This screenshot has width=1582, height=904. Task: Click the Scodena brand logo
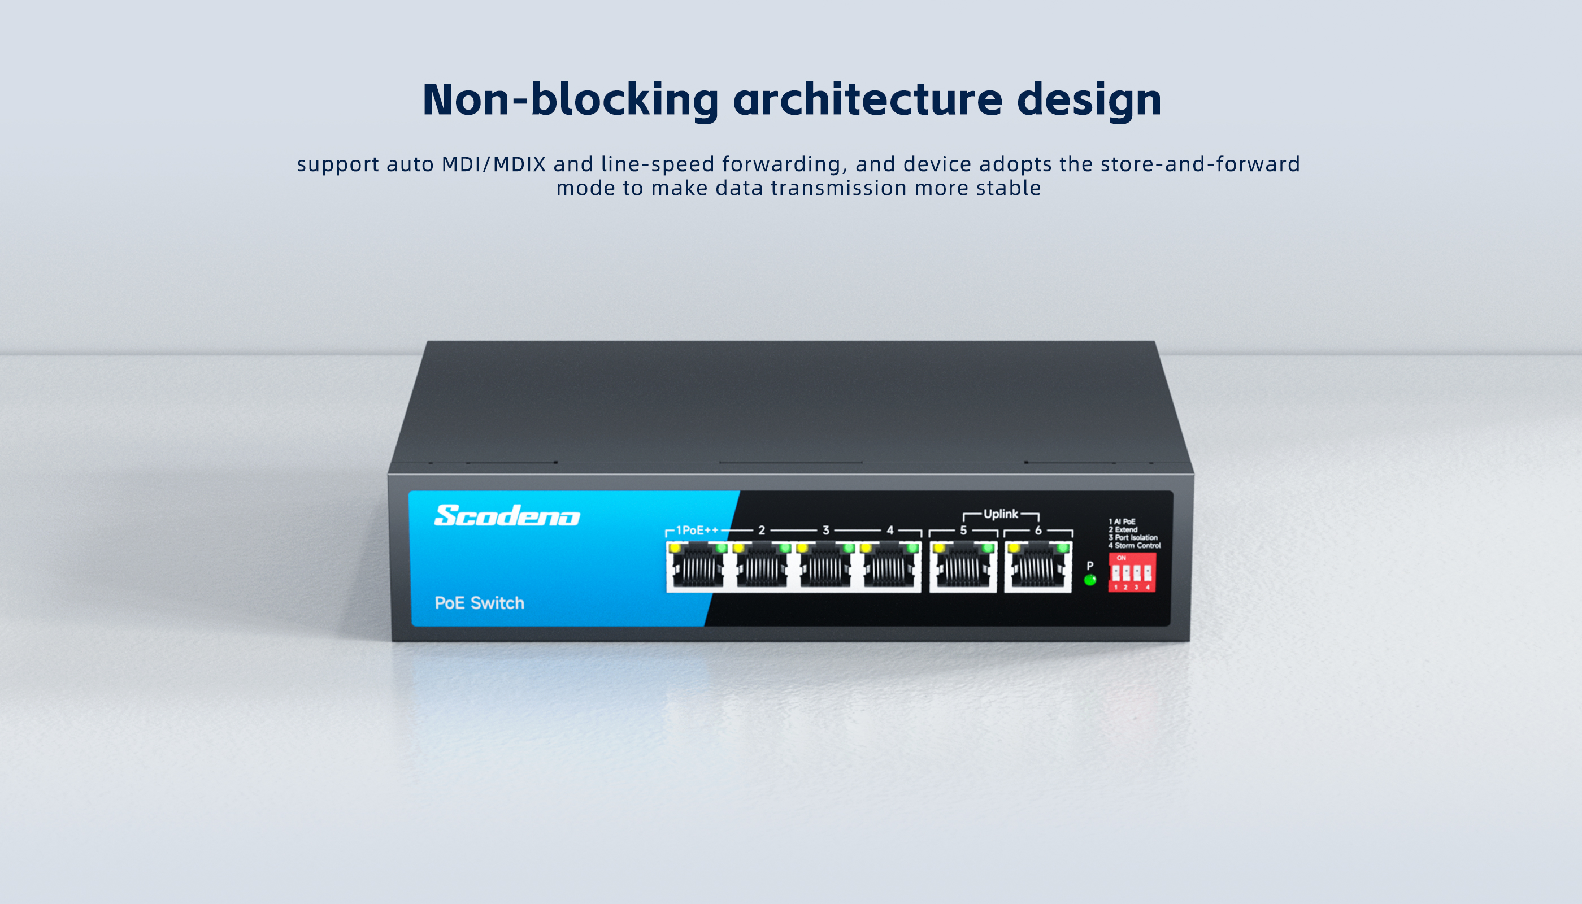pos(507,515)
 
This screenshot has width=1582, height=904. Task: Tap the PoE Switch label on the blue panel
pos(479,603)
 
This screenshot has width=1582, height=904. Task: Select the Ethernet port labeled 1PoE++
pos(698,566)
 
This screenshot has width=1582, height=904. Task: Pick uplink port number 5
pos(963,566)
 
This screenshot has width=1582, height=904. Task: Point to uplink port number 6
pos(1038,566)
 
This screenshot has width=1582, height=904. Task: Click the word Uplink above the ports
pos(1001,514)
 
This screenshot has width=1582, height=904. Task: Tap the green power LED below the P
pos(1090,580)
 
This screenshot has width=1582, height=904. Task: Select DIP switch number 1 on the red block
pos(1116,572)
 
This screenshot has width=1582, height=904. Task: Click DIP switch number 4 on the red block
pos(1148,572)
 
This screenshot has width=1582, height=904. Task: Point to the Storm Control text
pos(1137,546)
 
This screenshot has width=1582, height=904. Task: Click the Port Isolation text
pos(1136,538)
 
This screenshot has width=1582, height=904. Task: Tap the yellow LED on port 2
pos(739,548)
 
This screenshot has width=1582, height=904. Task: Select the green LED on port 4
pos(912,548)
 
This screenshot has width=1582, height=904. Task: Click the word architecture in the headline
pos(868,99)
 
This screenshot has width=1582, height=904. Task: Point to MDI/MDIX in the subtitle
pos(494,164)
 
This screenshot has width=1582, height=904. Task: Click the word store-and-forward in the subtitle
pos(1200,164)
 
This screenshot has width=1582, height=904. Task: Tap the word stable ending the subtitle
pos(1009,188)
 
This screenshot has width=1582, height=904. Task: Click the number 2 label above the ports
pos(762,530)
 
